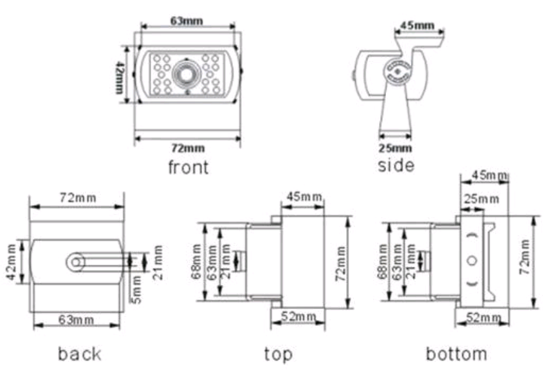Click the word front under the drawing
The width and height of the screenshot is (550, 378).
click(x=188, y=168)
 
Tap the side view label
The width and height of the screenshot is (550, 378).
click(x=396, y=165)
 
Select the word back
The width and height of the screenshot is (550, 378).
click(x=80, y=353)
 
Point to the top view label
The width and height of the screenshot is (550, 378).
click(x=278, y=353)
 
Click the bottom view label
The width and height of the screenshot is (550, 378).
click(x=456, y=353)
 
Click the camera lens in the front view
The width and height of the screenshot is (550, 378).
click(x=187, y=74)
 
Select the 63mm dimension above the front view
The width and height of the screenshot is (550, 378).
click(x=187, y=20)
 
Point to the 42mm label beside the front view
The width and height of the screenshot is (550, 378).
click(x=119, y=77)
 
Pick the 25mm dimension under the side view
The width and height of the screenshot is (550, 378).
click(x=394, y=148)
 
